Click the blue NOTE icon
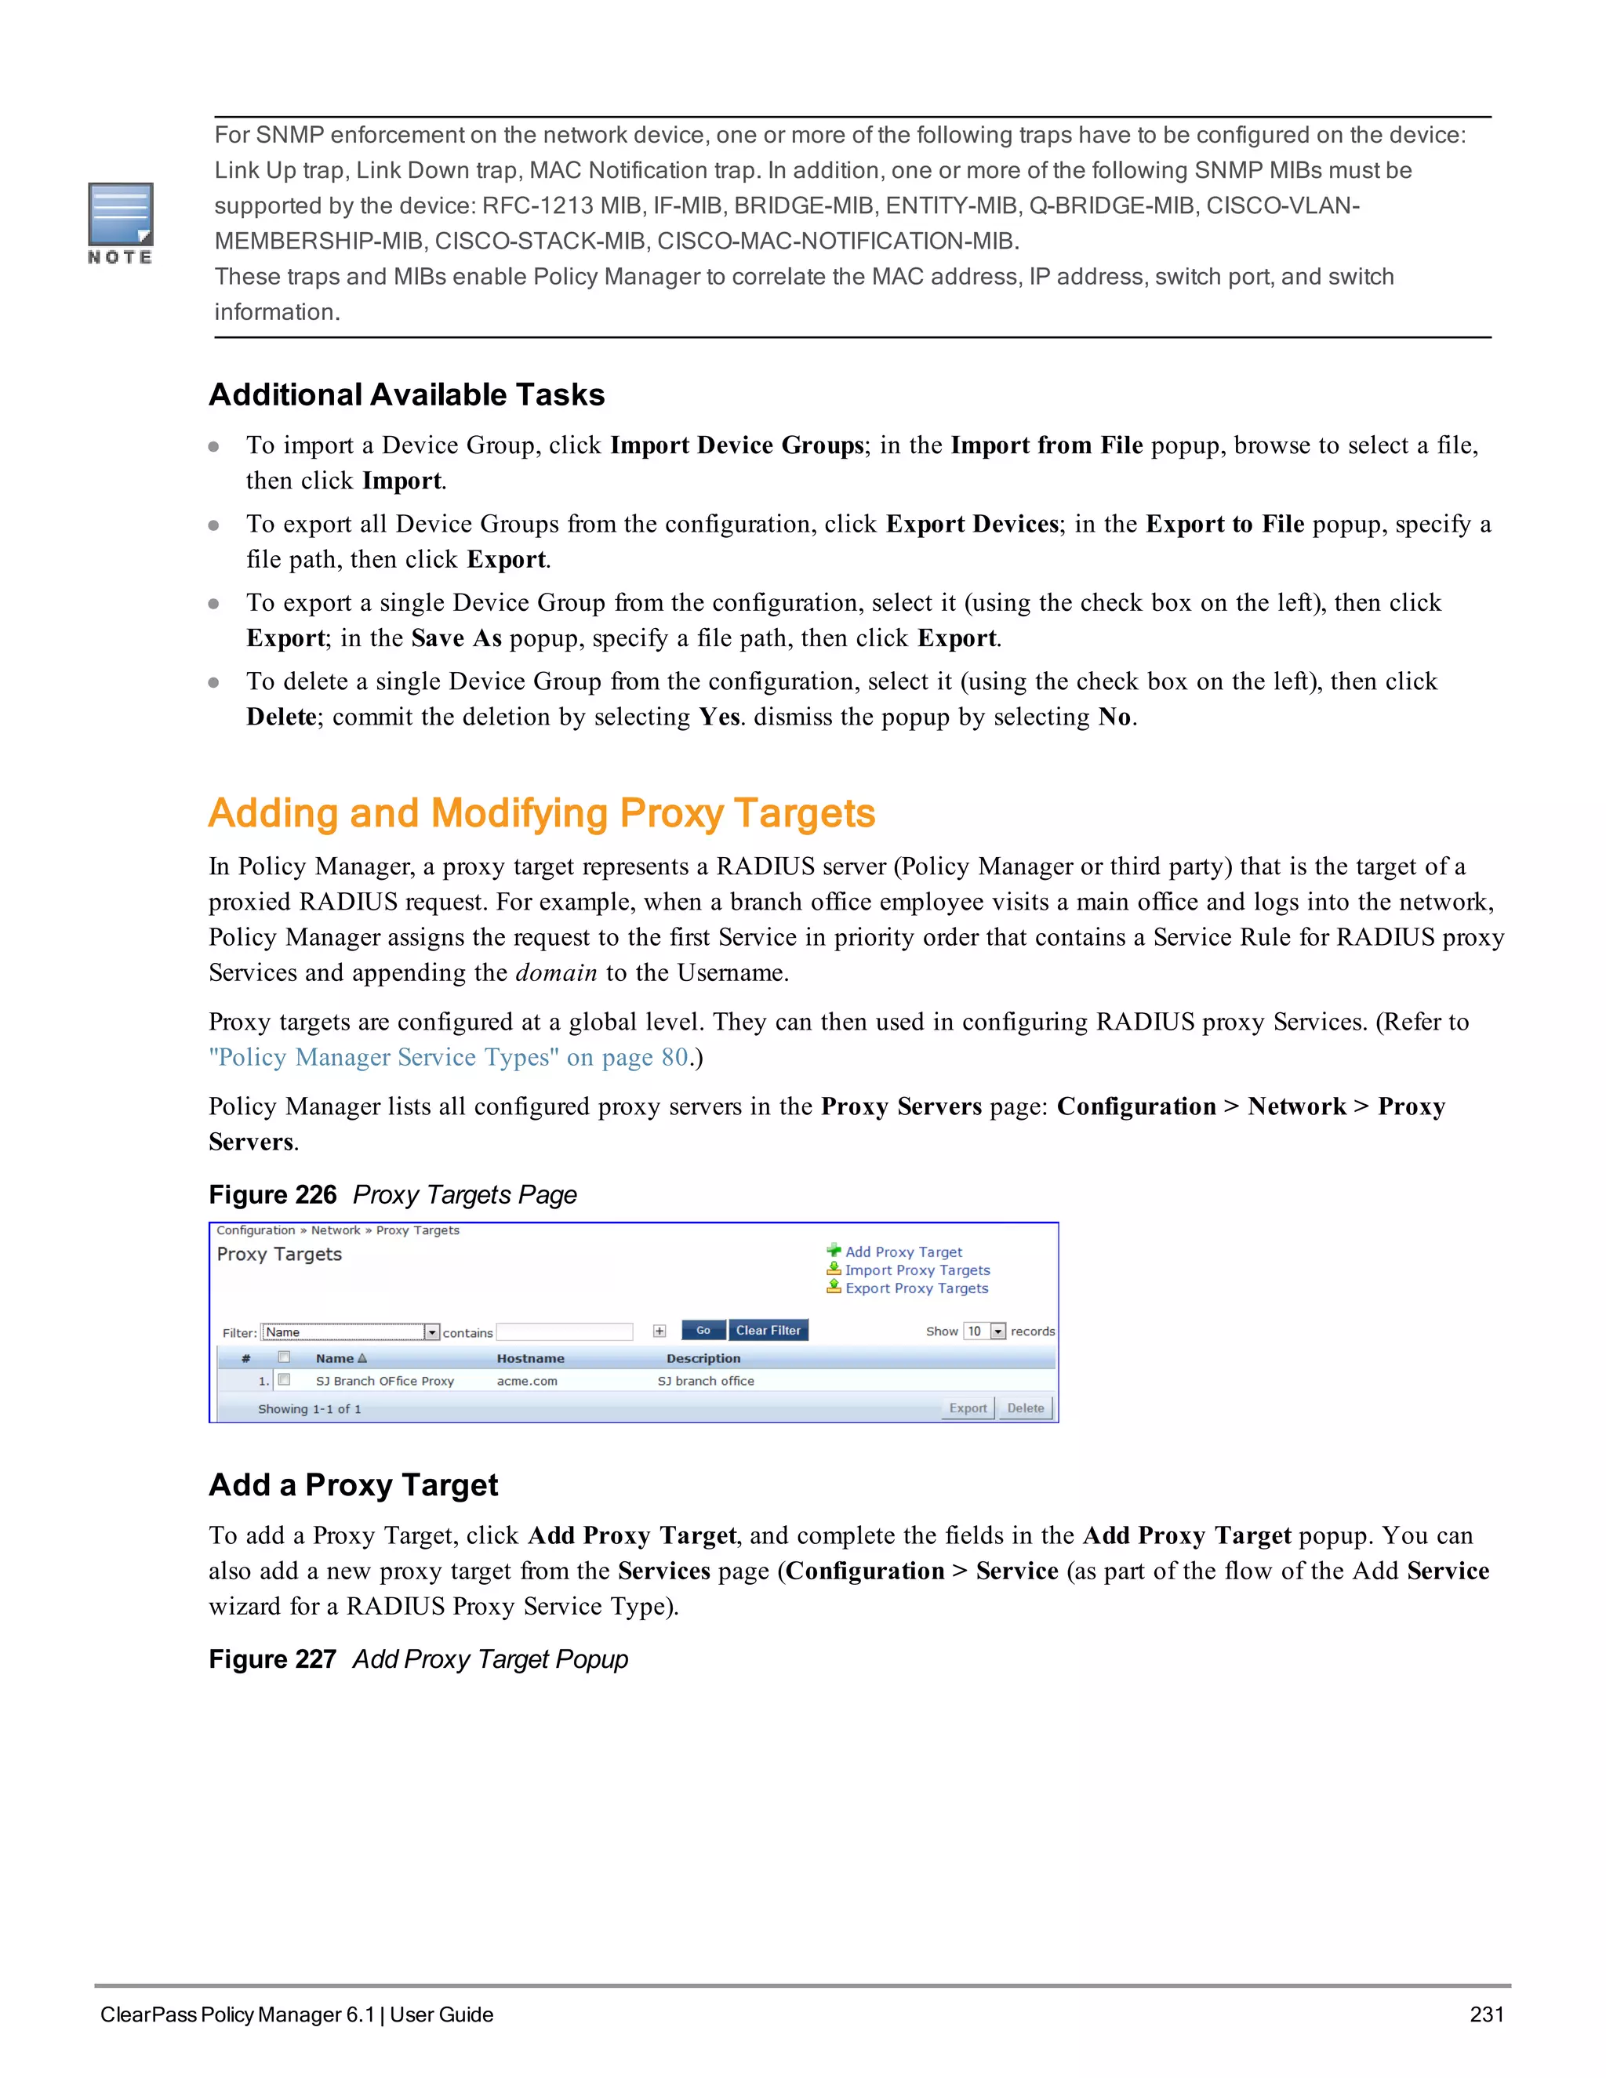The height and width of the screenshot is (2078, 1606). pyautogui.click(x=120, y=216)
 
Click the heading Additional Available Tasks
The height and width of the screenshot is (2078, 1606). pyautogui.click(x=406, y=395)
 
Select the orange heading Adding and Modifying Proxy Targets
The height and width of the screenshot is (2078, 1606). pyautogui.click(x=541, y=813)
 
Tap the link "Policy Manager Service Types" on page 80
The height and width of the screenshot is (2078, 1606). pyautogui.click(x=448, y=1057)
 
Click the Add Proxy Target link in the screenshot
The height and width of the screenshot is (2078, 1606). pyautogui.click(x=903, y=1252)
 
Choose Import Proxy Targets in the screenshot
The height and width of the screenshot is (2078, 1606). pyautogui.click(x=917, y=1270)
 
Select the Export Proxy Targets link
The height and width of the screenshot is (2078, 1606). pyautogui.click(x=916, y=1288)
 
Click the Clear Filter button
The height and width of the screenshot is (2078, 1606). pyautogui.click(x=768, y=1330)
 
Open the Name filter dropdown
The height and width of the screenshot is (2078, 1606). pyautogui.click(x=432, y=1332)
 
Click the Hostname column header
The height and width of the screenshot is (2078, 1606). pyautogui.click(x=530, y=1359)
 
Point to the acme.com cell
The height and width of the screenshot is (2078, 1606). pyautogui.click(x=527, y=1381)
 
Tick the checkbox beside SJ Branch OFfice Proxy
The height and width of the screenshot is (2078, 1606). pyautogui.click(x=284, y=1379)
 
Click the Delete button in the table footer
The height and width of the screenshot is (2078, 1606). pyautogui.click(x=1025, y=1408)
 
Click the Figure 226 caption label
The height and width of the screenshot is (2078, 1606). pyautogui.click(x=273, y=1195)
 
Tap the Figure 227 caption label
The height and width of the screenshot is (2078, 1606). pyautogui.click(x=273, y=1659)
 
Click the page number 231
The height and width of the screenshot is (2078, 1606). pyautogui.click(x=1486, y=2014)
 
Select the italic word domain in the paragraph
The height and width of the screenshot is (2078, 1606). pyautogui.click(x=556, y=972)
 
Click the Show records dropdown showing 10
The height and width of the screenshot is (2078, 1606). pyautogui.click(x=985, y=1331)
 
